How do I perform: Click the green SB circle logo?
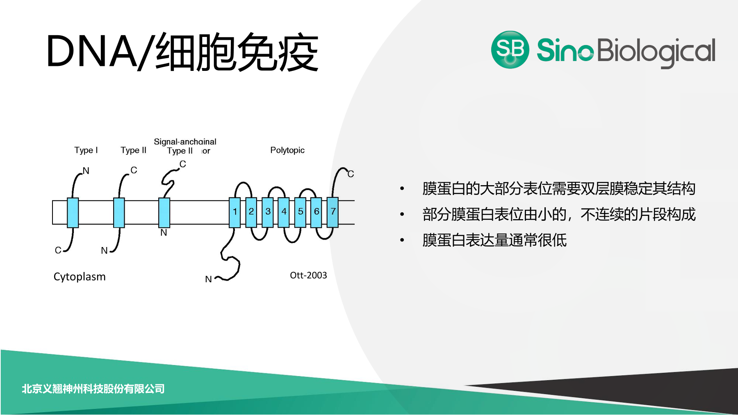tap(510, 50)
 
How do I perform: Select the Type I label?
tap(86, 150)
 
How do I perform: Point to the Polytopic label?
tap(287, 150)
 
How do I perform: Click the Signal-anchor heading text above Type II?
tap(185, 142)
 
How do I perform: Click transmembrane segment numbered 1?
tap(235, 212)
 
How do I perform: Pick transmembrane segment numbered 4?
tap(284, 212)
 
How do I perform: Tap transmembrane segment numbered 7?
tap(333, 212)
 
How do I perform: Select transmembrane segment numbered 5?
tap(301, 212)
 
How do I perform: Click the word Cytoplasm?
tap(80, 277)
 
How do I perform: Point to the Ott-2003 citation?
tap(308, 275)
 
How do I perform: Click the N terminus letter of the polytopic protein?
tap(208, 279)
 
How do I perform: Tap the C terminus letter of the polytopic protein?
tap(351, 174)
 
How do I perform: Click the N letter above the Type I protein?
tap(86, 171)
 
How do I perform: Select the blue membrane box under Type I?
tap(73, 213)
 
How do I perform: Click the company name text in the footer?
tap(93, 388)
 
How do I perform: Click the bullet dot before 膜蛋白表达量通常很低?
tap(402, 240)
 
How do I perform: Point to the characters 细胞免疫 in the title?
tap(237, 52)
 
